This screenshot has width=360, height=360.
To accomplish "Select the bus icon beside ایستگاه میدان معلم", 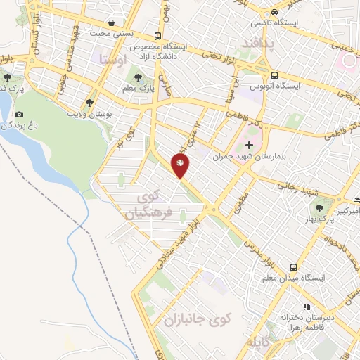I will [x=293, y=267].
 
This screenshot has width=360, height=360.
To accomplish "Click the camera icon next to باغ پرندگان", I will [x=18, y=114].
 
